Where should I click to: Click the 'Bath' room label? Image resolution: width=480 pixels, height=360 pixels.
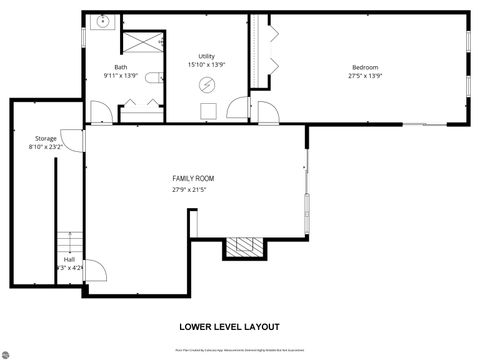tap(120, 67)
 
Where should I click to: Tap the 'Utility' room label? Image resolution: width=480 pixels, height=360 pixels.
tap(206, 56)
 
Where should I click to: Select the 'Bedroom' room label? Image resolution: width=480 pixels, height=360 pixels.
tap(364, 67)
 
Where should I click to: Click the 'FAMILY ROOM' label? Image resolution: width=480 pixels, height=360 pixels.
tap(192, 178)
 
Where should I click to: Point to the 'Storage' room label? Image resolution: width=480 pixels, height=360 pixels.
tap(45, 138)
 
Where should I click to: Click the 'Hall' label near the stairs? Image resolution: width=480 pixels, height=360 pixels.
tap(69, 258)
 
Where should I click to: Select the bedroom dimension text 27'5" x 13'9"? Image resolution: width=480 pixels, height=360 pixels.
tap(364, 76)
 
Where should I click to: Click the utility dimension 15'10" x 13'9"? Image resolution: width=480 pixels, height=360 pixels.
tap(206, 65)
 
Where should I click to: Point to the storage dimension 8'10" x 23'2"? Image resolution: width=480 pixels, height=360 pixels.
tap(45, 147)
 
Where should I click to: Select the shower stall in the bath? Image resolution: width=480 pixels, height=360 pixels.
tap(141, 42)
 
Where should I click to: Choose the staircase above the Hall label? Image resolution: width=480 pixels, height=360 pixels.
tap(68, 242)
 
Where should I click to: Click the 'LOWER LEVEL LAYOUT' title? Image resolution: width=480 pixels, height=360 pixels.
tap(229, 326)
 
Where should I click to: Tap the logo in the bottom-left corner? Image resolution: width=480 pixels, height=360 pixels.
tap(7, 353)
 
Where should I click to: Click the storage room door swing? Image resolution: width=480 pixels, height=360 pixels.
tap(68, 139)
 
